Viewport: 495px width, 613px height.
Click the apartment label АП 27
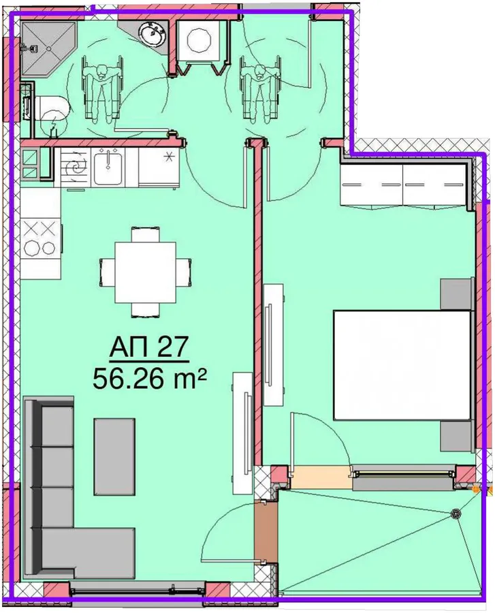pos(149,347)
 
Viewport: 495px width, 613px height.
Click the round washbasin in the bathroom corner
pos(152,33)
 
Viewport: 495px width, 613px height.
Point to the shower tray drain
pos(49,48)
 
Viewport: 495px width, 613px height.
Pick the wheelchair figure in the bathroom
pos(101,89)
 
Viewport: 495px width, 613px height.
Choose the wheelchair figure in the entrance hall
pos(261,89)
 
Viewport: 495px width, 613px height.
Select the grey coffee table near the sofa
pos(114,456)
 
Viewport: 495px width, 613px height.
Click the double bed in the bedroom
pos(402,365)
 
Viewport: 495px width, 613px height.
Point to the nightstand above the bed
pos(456,293)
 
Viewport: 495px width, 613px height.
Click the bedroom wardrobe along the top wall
pos(403,185)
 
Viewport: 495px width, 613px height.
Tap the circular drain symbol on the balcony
pos(456,514)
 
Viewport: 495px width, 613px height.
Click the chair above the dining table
pos(145,234)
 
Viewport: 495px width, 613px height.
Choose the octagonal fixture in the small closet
pos(200,40)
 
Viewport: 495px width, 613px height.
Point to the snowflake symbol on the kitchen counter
pos(169,157)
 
